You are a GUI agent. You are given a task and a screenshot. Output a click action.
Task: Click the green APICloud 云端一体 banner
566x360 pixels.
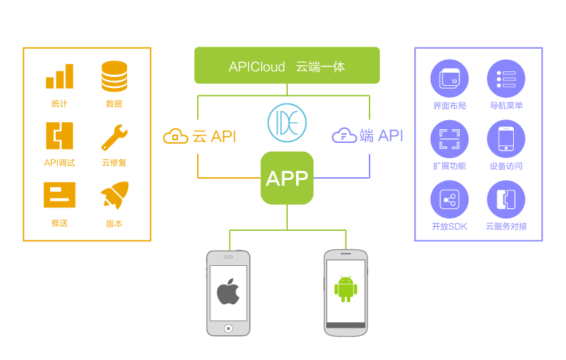pos(287,66)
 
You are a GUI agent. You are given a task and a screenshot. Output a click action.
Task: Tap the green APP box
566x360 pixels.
pos(287,178)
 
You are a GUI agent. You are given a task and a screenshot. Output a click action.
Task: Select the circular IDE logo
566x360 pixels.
pos(287,123)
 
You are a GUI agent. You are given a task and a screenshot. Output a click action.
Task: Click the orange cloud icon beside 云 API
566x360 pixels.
pos(175,136)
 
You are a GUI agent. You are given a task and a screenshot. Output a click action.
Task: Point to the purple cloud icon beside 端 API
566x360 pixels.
pos(344,135)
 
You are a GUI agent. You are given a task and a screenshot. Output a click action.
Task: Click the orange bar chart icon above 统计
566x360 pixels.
pos(59,76)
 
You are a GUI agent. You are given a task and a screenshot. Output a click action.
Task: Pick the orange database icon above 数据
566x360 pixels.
pos(114,76)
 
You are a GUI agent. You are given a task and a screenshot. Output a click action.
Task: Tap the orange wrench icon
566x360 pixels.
pos(114,137)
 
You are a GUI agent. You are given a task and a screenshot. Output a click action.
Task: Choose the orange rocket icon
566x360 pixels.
pos(115,195)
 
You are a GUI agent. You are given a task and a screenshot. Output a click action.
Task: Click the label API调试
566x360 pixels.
pos(59,163)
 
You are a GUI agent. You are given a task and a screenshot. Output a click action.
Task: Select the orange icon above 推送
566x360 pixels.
pos(59,195)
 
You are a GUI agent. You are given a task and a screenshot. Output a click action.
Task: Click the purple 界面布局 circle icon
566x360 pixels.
pos(449,78)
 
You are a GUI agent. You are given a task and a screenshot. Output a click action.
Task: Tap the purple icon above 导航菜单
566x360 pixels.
pos(506,78)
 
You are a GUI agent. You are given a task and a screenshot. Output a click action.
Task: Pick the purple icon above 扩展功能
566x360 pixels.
pos(449,139)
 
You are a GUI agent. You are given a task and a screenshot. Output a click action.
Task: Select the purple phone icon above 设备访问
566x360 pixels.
pos(506,139)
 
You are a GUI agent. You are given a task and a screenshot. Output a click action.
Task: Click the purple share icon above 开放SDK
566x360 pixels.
pos(449,199)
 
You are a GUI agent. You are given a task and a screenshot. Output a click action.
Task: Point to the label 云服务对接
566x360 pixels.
pos(506,226)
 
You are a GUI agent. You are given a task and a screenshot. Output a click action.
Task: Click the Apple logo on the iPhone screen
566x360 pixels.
pos(228,291)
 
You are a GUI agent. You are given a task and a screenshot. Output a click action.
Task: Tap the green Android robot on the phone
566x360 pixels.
pos(346,289)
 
